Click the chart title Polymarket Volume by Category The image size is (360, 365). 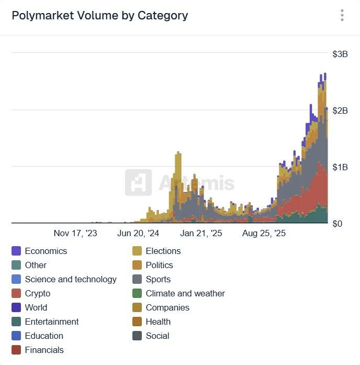point(99,16)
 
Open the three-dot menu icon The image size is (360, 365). point(342,15)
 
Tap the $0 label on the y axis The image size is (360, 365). point(338,223)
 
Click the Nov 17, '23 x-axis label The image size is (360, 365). point(75,234)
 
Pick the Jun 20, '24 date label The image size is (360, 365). point(138,234)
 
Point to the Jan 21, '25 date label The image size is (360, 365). point(201,234)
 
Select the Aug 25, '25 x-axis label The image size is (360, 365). point(264,234)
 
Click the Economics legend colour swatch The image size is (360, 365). point(16,251)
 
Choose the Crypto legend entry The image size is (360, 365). point(38,294)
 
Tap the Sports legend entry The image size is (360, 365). point(158,280)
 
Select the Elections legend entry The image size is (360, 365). point(163,251)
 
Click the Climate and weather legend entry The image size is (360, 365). point(185,294)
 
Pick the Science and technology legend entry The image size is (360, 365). point(71,280)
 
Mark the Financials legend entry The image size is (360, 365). point(44,350)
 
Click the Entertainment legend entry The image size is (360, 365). point(52,322)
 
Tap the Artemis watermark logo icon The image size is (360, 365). point(138,183)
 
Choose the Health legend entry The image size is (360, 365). point(158,322)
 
